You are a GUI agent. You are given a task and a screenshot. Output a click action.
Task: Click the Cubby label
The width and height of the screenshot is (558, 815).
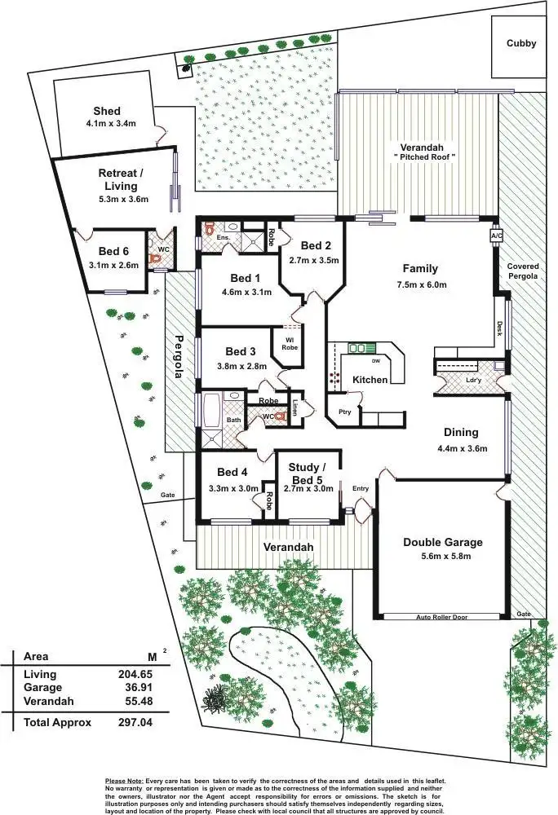(521, 43)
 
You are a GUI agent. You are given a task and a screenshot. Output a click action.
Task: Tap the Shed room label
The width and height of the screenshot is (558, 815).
(107, 111)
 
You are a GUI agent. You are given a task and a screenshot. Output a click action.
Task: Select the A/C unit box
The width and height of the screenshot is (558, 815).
(496, 236)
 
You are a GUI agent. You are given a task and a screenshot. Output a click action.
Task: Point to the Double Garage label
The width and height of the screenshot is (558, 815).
(443, 542)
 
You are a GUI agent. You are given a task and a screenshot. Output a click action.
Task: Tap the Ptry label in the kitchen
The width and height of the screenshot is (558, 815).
(345, 412)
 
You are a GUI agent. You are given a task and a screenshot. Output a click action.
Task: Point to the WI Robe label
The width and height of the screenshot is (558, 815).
(290, 343)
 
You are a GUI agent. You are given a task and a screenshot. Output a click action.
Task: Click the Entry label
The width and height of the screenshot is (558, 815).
(361, 488)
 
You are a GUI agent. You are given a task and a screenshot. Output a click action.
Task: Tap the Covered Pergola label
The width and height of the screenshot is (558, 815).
(523, 271)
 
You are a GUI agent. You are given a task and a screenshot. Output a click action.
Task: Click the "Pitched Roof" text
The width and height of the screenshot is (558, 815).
(424, 156)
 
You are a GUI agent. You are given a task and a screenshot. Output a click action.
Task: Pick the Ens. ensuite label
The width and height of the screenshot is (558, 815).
(222, 237)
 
